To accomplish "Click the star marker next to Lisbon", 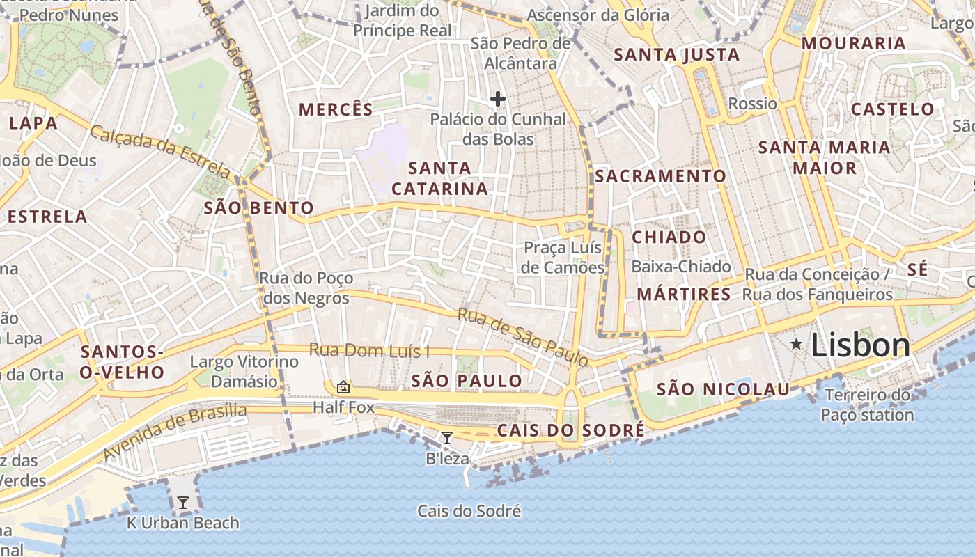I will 796,344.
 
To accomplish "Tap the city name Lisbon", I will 861,345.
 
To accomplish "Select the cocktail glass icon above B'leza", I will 447,438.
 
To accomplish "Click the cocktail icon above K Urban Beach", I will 182,503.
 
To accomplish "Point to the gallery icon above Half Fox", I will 343,387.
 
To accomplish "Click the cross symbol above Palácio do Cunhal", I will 497,100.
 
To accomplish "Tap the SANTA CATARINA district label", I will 439,178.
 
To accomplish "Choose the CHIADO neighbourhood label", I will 669,237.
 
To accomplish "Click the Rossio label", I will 752,104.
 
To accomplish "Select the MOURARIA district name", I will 854,43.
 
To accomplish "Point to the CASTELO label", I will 892,109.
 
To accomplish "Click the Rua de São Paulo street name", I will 523,337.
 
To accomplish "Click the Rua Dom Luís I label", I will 369,350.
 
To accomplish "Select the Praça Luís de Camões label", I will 564,258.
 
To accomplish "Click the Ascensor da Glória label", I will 598,15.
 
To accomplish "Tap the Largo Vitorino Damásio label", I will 244,371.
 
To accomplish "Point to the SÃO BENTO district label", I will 258,207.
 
